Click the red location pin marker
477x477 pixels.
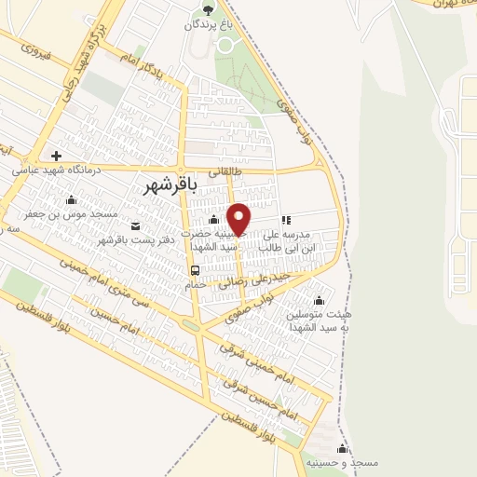(239, 218)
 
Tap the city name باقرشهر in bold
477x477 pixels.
(173, 185)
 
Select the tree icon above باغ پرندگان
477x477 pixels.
(208, 10)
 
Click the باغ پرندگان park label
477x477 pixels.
(208, 26)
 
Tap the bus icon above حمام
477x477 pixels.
(195, 270)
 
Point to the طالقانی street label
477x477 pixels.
(225, 172)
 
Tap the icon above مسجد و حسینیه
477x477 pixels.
(342, 449)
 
